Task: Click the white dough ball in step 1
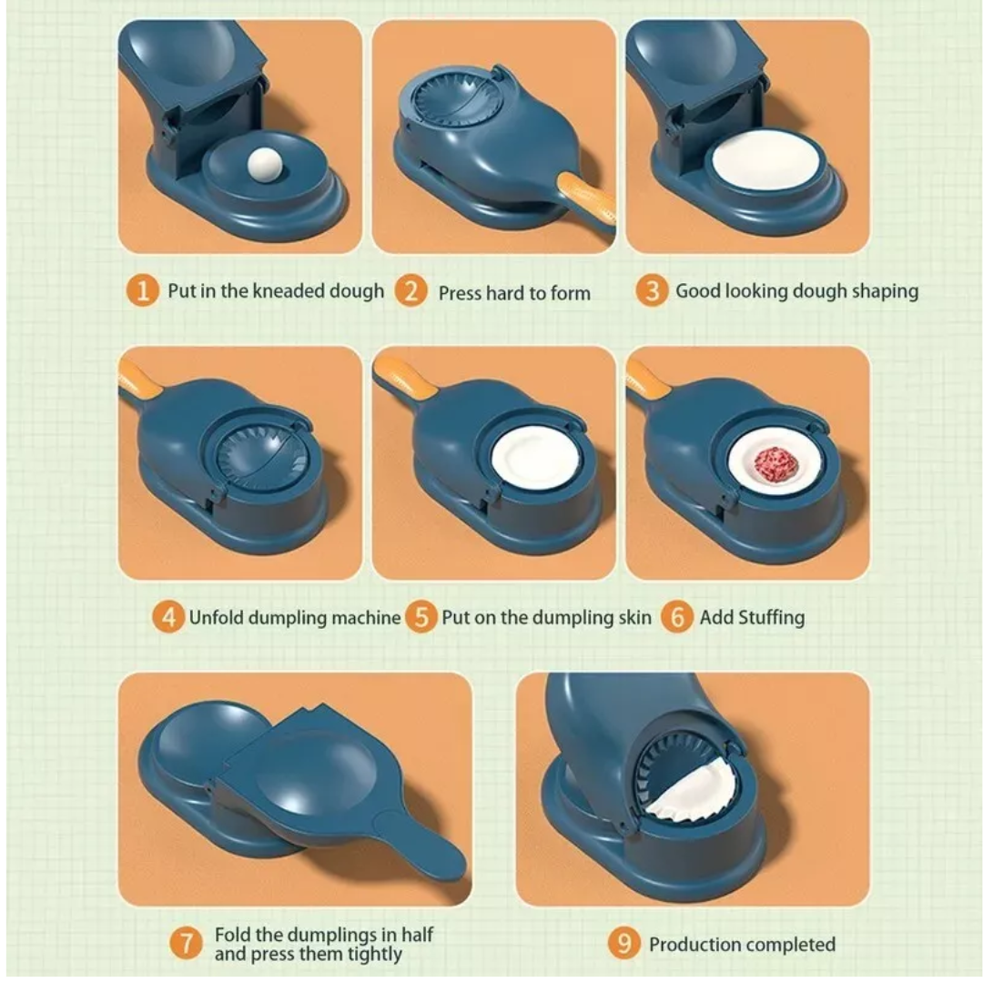coord(266,165)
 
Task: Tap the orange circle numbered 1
coord(143,291)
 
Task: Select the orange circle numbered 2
coord(410,291)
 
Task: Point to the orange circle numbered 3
coord(652,291)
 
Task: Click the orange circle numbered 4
coord(168,617)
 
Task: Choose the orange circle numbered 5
coord(421,617)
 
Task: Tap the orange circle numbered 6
coord(677,617)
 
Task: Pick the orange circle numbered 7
coord(187,943)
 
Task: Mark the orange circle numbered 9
coord(623,943)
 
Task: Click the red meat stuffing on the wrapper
coord(776,466)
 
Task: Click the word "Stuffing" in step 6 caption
coord(771,618)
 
